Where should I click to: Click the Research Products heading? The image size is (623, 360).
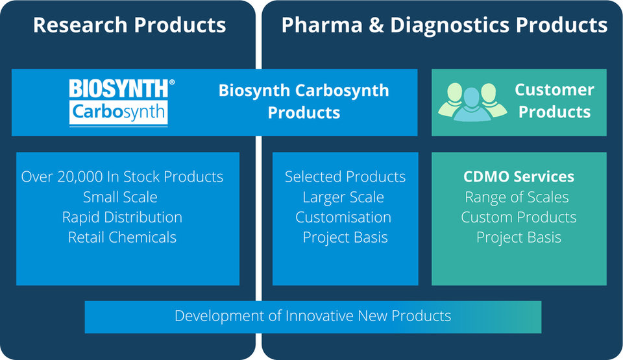click(x=130, y=25)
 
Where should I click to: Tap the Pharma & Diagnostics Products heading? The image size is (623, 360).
click(x=444, y=25)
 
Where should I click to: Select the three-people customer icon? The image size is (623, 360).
click(x=472, y=102)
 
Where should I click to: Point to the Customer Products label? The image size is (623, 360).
click(x=554, y=101)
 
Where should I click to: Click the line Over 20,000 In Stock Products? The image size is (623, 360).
click(x=122, y=176)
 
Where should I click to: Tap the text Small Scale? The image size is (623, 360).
click(x=120, y=197)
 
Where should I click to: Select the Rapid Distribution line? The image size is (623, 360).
click(x=122, y=217)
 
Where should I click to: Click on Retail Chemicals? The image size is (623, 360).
click(x=122, y=237)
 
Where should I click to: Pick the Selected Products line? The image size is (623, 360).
click(x=345, y=176)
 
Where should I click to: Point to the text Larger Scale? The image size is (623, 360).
click(x=343, y=197)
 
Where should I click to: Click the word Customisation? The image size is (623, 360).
click(x=343, y=217)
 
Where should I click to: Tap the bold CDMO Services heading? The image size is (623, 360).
click(x=519, y=176)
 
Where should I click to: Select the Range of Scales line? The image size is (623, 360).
click(x=517, y=197)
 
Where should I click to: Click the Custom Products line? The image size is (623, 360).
click(x=519, y=217)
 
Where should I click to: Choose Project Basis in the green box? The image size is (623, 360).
click(x=519, y=237)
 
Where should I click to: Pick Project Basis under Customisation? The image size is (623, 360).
click(x=345, y=237)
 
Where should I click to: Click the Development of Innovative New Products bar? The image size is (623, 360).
click(x=313, y=317)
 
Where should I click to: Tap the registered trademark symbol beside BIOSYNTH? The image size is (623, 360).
click(x=171, y=82)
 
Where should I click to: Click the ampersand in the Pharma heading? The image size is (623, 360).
click(x=376, y=25)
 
